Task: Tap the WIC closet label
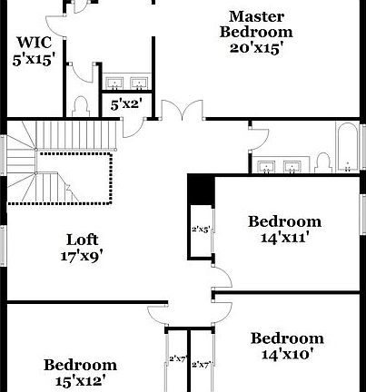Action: coord(34,42)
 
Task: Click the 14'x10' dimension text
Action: coord(286,354)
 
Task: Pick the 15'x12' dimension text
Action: coord(80,381)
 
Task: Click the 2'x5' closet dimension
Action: coord(200,229)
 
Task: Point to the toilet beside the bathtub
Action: coord(322,163)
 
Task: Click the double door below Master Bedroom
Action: coord(185,112)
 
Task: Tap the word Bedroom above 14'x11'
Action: coord(285,220)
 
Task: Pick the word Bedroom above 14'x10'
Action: coord(286,338)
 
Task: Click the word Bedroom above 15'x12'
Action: coord(80,365)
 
